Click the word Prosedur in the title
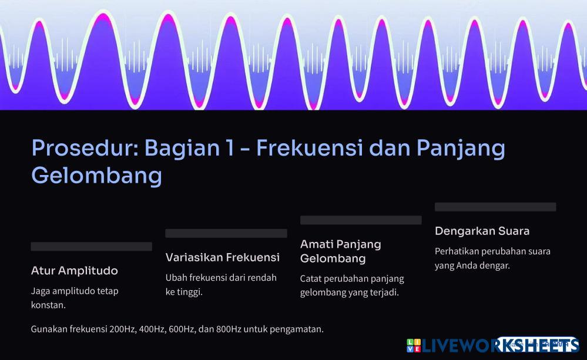tap(85, 148)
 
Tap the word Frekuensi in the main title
tap(310, 148)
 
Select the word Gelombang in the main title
tap(96, 176)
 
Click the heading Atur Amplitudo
tap(75, 271)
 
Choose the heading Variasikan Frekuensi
tap(223, 257)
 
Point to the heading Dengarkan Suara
tap(482, 231)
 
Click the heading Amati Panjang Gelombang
tap(341, 251)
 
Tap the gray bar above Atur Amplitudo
tap(91, 246)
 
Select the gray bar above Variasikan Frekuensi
tap(226, 233)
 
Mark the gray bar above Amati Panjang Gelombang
tap(361, 220)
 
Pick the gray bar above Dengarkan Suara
tap(495, 207)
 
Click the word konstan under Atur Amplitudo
tap(48, 305)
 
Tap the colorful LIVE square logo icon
tap(414, 345)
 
